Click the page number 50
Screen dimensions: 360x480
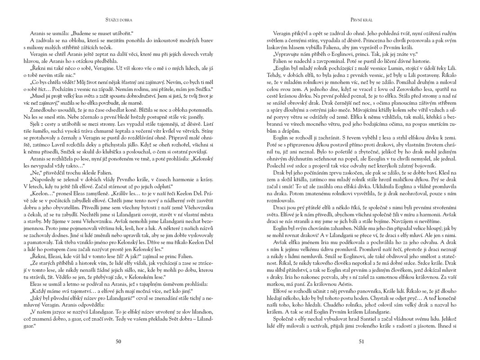118,342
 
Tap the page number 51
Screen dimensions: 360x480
361,342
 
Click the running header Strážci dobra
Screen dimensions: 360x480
119,20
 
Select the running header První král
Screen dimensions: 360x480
361,20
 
